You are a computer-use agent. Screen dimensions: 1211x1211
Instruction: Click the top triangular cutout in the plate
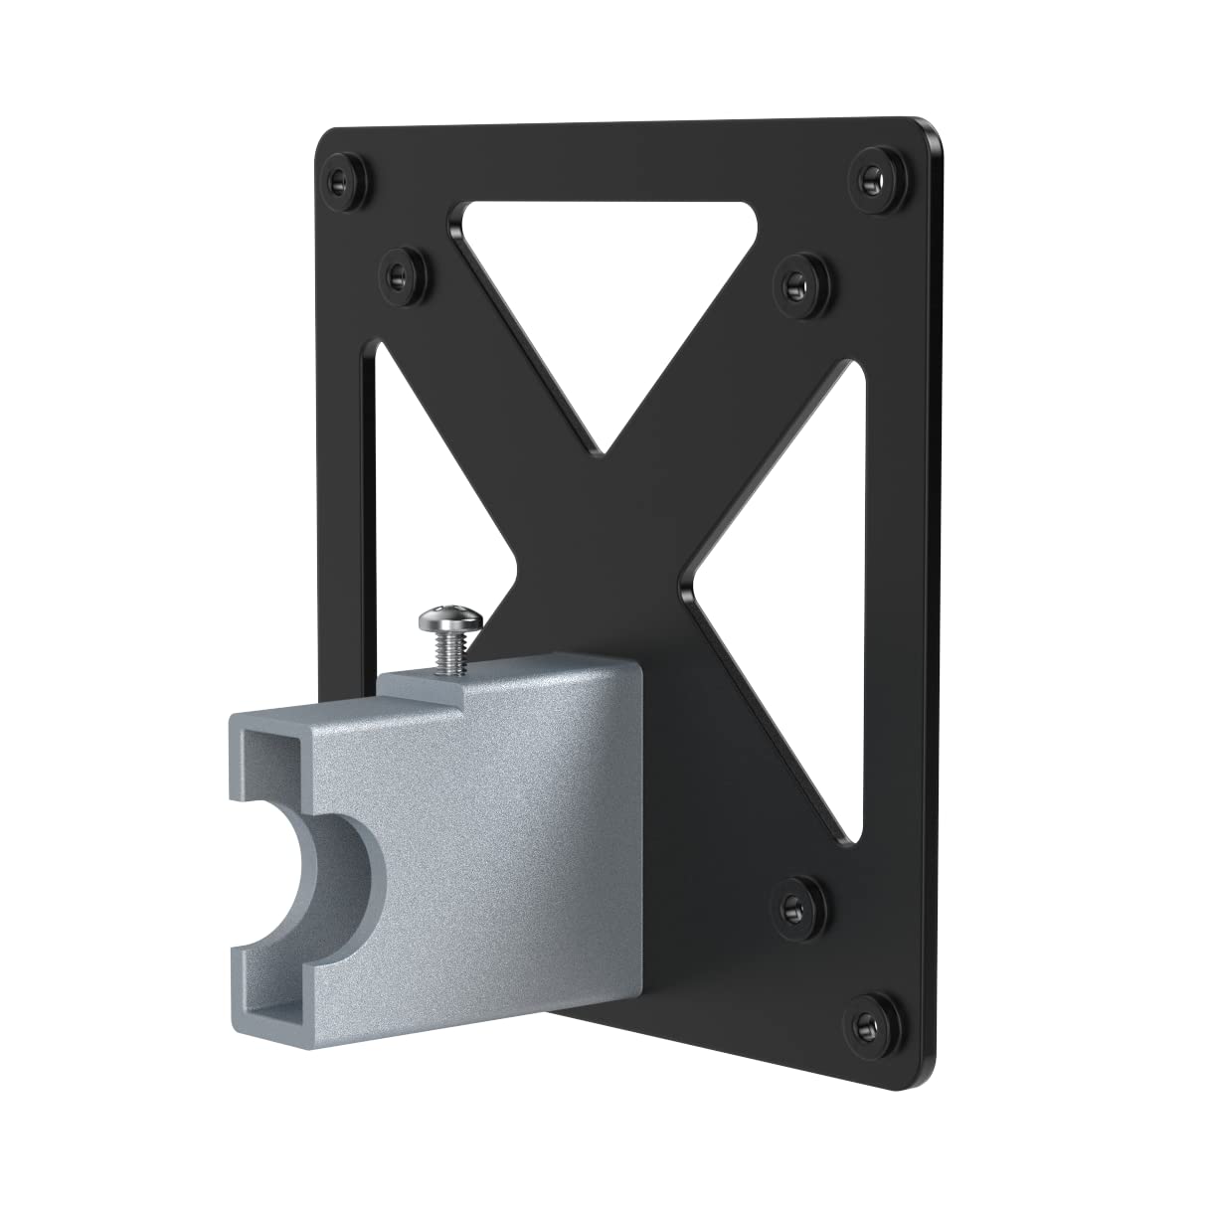[605, 298]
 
